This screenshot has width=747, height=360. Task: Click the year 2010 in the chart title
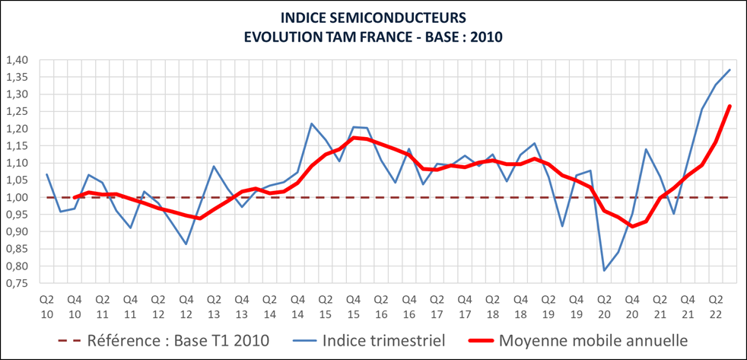pos(484,36)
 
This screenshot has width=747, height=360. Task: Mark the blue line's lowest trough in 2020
pos(605,270)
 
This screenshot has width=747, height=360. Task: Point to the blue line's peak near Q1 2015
pos(312,123)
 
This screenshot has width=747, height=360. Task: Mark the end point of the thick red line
pos(730,106)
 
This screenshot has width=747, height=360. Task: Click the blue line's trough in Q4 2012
pos(186,244)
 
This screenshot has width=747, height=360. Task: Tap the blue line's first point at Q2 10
pos(47,174)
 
